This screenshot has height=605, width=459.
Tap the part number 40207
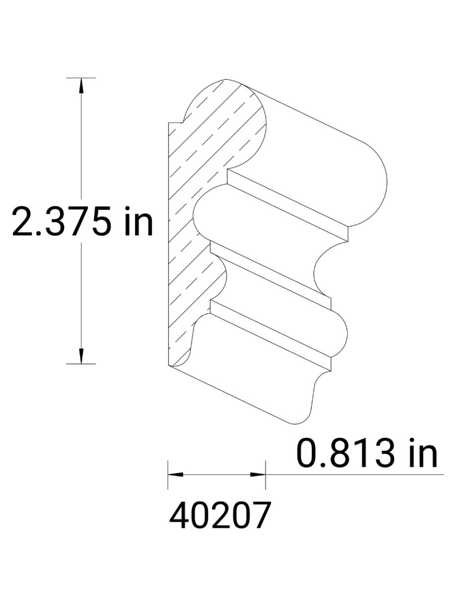pos(220,515)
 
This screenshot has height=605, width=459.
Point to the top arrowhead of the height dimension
pos(81,86)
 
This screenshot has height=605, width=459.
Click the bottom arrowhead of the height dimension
pos(81,356)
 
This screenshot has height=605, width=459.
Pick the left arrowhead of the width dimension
pos(174,474)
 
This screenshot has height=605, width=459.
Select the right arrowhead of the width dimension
pos(258,474)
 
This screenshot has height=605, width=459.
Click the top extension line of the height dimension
pos(81,78)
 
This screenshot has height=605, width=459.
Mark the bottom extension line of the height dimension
pos(81,364)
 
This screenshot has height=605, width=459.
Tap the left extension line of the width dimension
pos(168,474)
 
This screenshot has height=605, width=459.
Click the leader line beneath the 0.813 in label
pos(353,474)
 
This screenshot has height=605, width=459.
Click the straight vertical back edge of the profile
pos(168,242)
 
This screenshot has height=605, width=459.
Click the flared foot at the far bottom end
pos(307,403)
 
